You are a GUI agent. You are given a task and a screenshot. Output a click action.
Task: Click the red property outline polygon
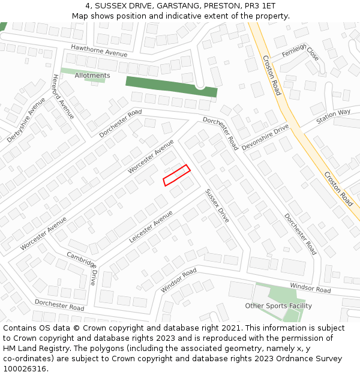pyautogui.click(x=176, y=175)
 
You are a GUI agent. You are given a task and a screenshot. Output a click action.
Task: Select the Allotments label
pyautogui.click(x=92, y=76)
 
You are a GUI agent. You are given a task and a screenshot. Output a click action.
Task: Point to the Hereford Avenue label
pyautogui.click(x=62, y=97)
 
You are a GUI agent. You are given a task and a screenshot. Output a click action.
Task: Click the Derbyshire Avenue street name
pyautogui.click(x=26, y=120)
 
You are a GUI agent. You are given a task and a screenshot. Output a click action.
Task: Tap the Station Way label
pyautogui.click(x=333, y=115)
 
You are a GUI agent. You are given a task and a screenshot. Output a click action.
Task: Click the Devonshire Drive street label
pyautogui.click(x=265, y=137)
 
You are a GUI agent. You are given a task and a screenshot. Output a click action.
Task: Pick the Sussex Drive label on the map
pyautogui.click(x=217, y=206)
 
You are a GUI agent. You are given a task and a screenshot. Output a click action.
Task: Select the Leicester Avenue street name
pyautogui.click(x=151, y=226)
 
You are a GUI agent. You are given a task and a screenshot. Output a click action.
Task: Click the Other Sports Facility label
pyautogui.click(x=278, y=306)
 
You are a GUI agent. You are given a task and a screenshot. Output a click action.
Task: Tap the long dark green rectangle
pyautogui.click(x=171, y=86)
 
